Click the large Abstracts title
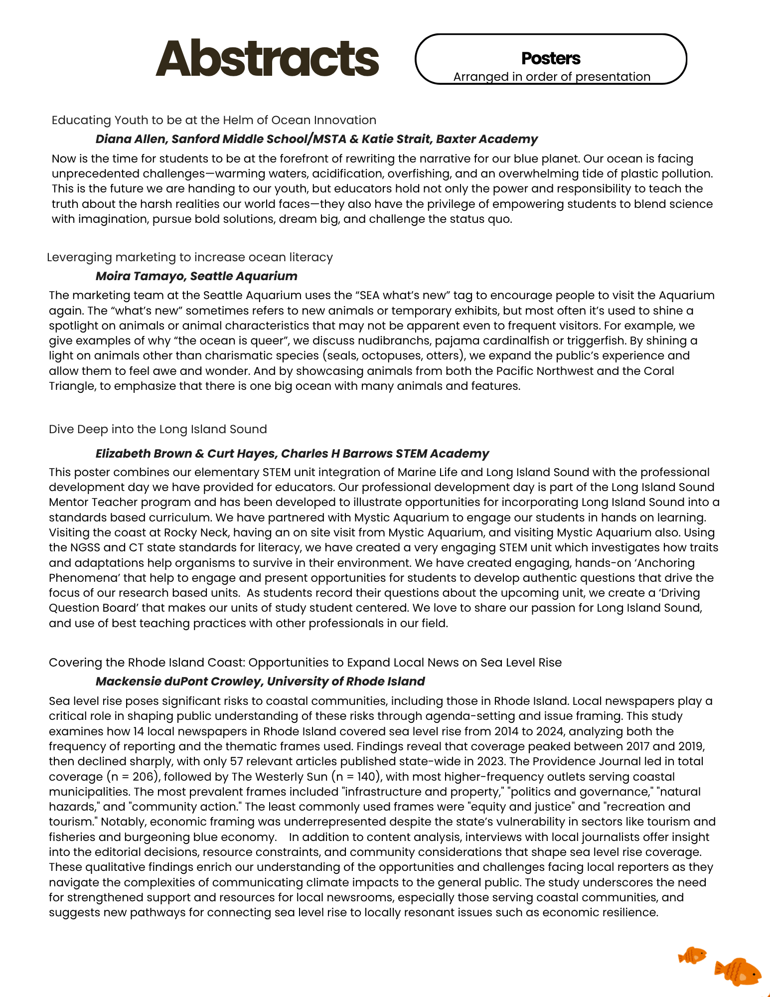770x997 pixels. click(267, 59)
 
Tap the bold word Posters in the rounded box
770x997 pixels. click(551, 59)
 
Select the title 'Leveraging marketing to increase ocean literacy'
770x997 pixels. click(189, 257)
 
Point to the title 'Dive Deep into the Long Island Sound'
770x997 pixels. click(157, 429)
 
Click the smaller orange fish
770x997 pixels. click(692, 956)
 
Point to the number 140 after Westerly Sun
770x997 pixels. click(366, 777)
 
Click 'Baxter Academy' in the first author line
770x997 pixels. click(486, 139)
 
